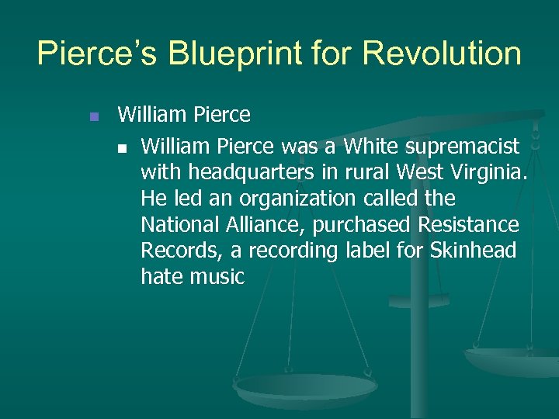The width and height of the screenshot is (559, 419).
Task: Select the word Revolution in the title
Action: pyautogui.click(x=443, y=54)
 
